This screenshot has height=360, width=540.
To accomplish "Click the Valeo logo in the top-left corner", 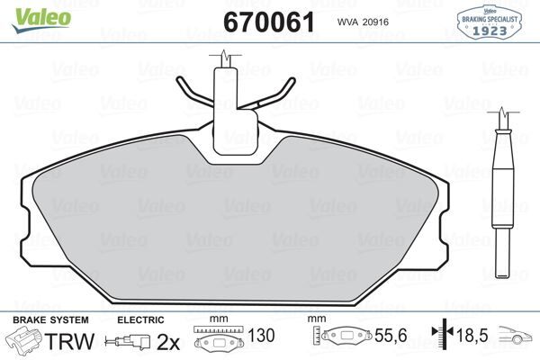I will pyautogui.click(x=31, y=12).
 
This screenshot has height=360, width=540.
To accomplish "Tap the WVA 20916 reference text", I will pyautogui.click(x=364, y=21).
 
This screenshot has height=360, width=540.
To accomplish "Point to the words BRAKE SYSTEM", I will pyautogui.click(x=49, y=320).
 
